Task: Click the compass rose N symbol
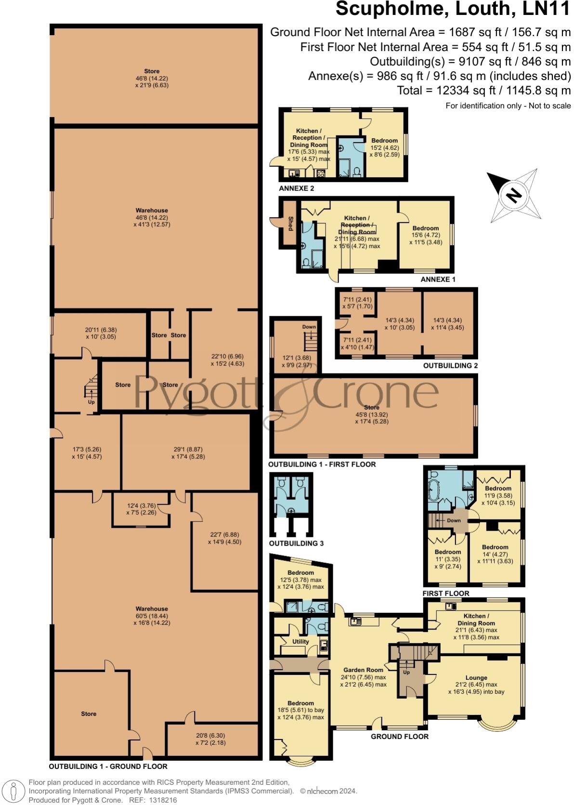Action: [x=514, y=195]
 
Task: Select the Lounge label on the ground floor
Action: [x=476, y=677]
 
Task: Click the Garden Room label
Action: [x=363, y=670]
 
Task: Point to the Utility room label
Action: [x=300, y=641]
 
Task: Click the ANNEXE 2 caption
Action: [x=296, y=188]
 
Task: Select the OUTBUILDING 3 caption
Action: [x=296, y=543]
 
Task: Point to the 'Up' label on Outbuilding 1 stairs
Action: [x=91, y=402]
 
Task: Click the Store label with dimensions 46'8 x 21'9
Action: [x=152, y=71]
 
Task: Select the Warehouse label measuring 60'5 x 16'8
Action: [x=152, y=609]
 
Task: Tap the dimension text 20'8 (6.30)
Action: [x=210, y=735]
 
